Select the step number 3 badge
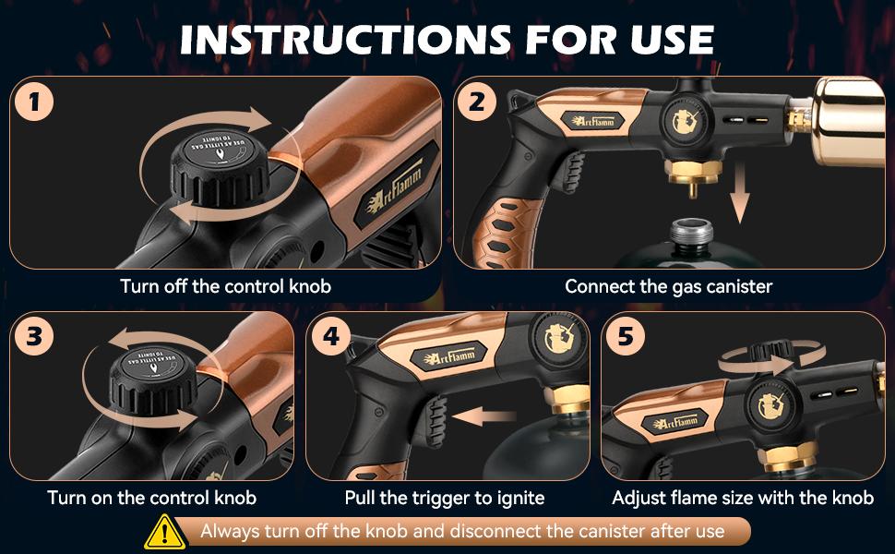pyautogui.click(x=34, y=337)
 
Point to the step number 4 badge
pyautogui.click(x=331, y=337)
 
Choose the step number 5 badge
pyautogui.click(x=626, y=337)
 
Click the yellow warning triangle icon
pyautogui.click(x=162, y=531)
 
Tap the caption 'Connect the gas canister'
pyautogui.click(x=669, y=286)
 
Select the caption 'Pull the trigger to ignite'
pyautogui.click(x=445, y=499)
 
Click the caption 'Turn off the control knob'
pyautogui.click(x=225, y=286)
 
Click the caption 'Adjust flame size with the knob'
pyautogui.click(x=743, y=499)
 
